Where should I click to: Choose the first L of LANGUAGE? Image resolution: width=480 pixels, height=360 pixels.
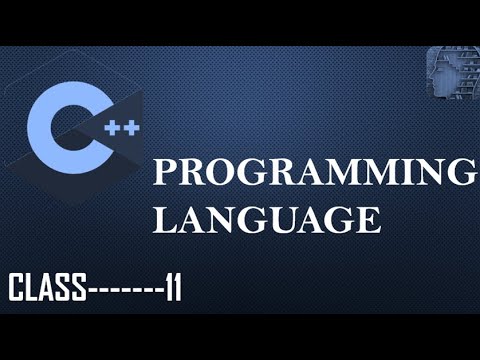point(163,218)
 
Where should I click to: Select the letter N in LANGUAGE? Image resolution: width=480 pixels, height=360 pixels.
point(215,218)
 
